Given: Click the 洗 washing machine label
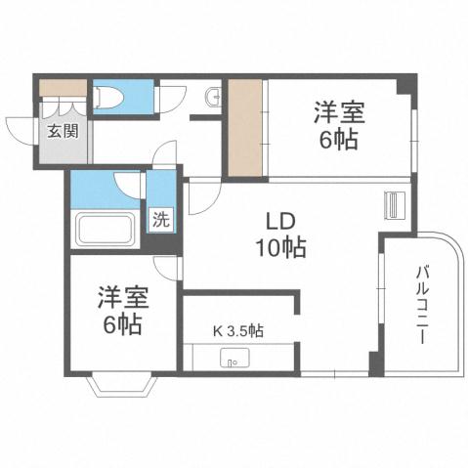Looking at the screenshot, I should [160, 219].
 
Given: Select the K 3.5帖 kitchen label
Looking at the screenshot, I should [237, 330].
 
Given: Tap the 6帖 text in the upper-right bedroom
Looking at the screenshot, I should [336, 139].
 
